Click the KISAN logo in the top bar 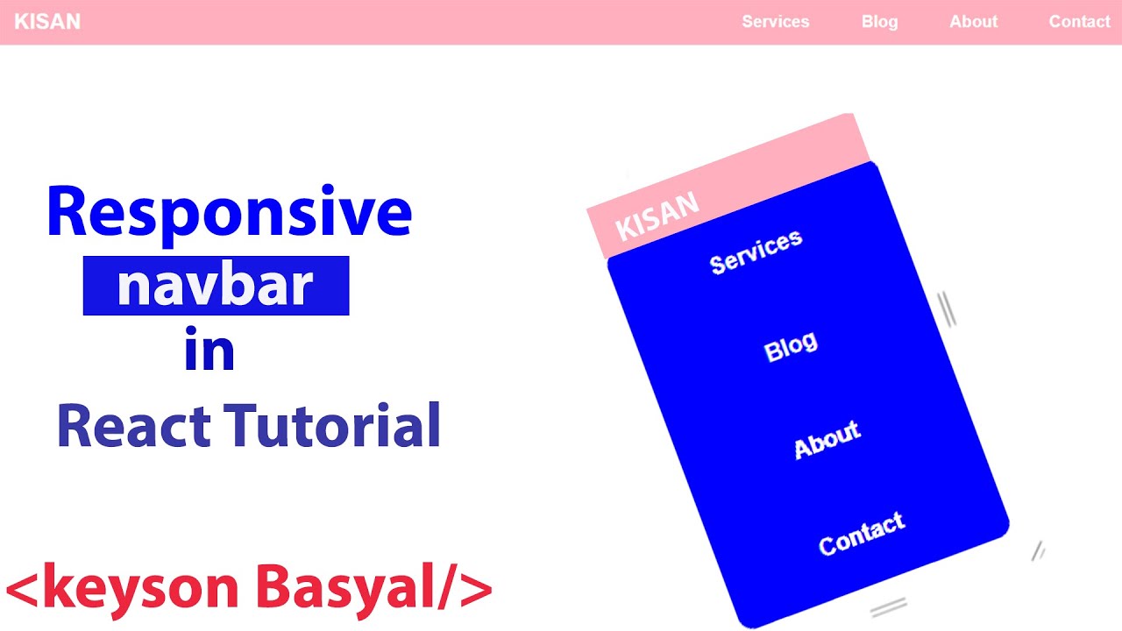tap(47, 22)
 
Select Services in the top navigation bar tap(775, 22)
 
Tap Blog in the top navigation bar tap(879, 22)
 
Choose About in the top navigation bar tap(973, 22)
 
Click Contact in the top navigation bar tap(1079, 22)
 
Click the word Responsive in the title tap(229, 213)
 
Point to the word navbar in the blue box tap(216, 286)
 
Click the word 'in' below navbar tap(209, 350)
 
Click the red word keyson tap(140, 589)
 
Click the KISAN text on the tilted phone tap(657, 216)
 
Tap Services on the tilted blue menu tap(756, 252)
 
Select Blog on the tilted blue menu tap(791, 347)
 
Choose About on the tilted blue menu tap(827, 440)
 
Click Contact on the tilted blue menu tap(861, 534)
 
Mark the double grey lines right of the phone tap(947, 309)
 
